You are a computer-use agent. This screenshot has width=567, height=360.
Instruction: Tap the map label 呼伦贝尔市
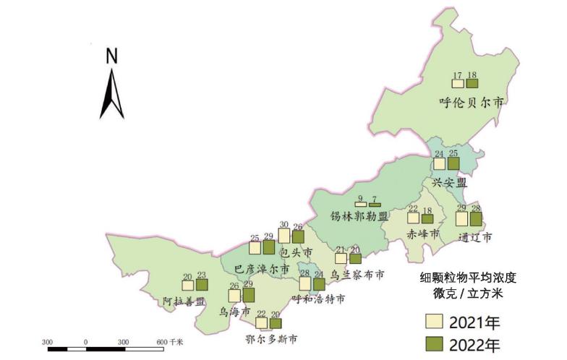click(471, 102)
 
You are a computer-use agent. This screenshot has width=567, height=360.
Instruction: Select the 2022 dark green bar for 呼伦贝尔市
click(472, 85)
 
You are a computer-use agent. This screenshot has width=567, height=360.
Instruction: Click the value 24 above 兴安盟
click(439, 153)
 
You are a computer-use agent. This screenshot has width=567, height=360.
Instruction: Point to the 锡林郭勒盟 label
click(359, 216)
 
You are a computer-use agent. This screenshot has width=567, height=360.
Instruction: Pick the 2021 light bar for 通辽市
click(461, 218)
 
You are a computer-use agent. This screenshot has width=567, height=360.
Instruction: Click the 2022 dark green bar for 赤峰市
click(427, 218)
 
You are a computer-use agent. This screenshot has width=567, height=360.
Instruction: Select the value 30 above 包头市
click(284, 224)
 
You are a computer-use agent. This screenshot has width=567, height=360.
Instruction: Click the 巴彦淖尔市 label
click(263, 269)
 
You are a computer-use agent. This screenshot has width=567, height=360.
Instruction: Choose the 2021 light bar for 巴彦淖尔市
click(255, 248)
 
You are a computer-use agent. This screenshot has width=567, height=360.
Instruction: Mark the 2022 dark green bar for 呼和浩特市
click(319, 284)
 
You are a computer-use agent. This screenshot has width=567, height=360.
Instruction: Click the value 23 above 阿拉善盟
click(202, 275)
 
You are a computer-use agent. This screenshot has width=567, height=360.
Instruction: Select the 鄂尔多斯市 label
click(271, 338)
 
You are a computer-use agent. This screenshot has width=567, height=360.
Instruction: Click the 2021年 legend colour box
click(432, 321)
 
